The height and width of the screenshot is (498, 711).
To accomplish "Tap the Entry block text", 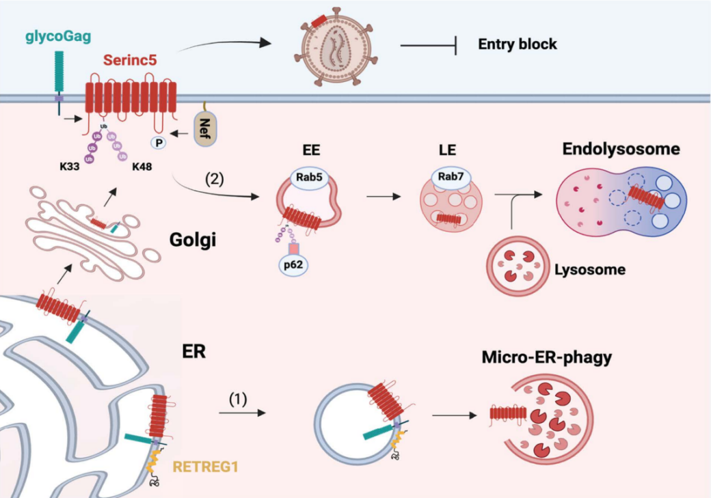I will tap(518, 44).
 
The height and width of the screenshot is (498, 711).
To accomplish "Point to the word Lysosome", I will tap(589, 269).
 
